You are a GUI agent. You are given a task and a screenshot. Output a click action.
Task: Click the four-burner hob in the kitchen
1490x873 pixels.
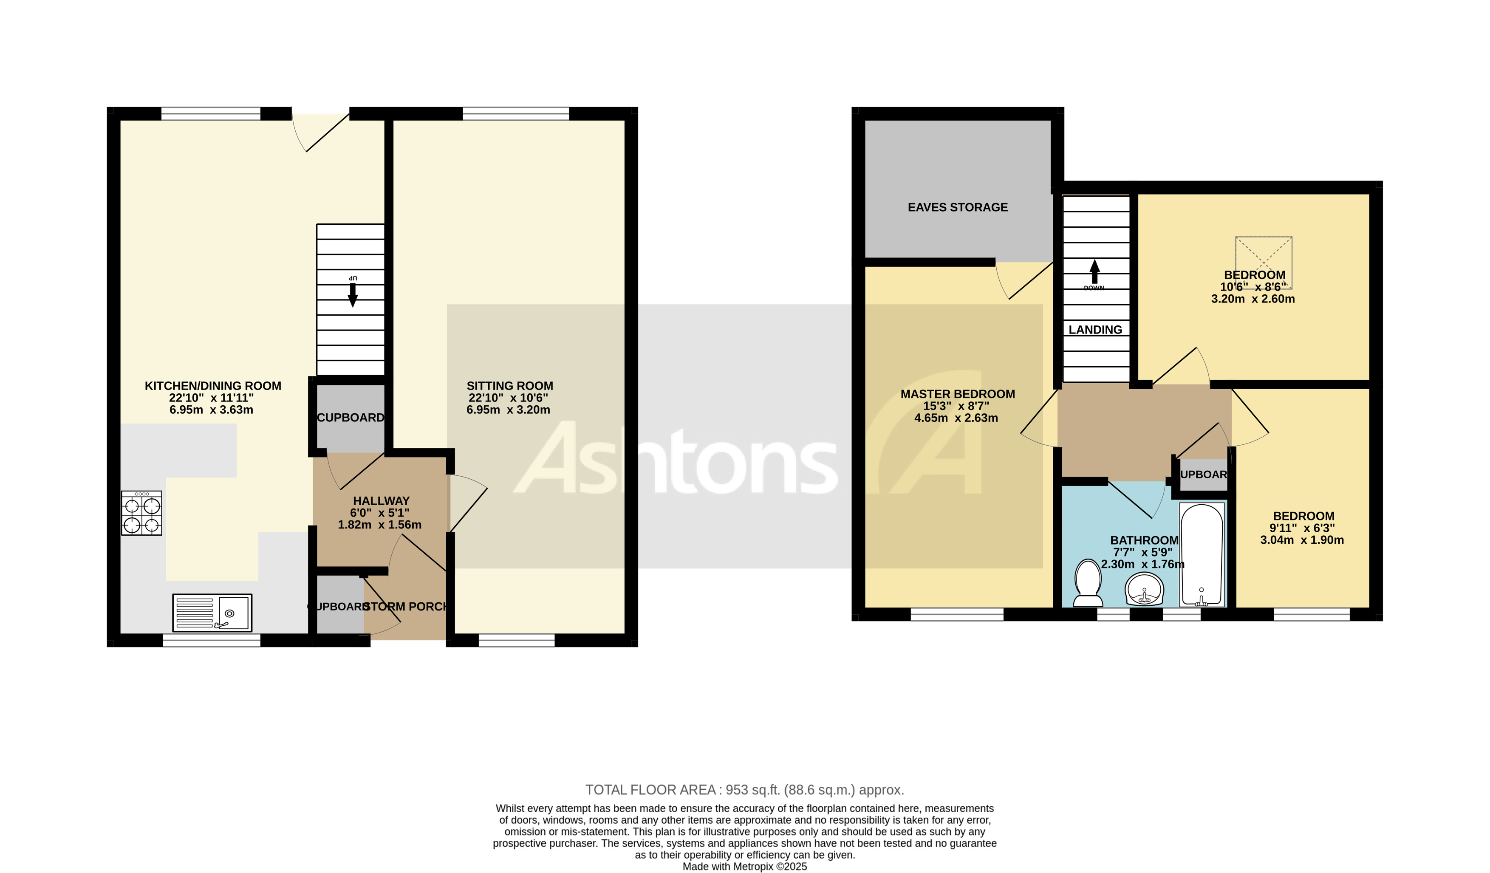(x=141, y=513)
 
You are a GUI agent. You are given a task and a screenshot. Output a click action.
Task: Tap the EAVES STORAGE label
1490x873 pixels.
(x=957, y=207)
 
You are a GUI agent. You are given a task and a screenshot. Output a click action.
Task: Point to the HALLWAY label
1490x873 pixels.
(x=381, y=500)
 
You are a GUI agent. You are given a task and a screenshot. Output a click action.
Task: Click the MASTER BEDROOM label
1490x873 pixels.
(x=957, y=394)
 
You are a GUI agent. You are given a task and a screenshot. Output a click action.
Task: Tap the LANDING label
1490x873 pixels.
(x=1095, y=330)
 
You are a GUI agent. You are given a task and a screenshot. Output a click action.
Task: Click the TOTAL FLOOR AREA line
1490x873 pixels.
(x=744, y=790)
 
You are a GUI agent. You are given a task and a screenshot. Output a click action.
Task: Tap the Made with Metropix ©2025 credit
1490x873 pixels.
(x=744, y=867)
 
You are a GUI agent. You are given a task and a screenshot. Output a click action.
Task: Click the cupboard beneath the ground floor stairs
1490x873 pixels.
(x=350, y=417)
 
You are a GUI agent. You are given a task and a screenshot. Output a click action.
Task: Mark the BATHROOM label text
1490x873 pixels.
(x=1144, y=540)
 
